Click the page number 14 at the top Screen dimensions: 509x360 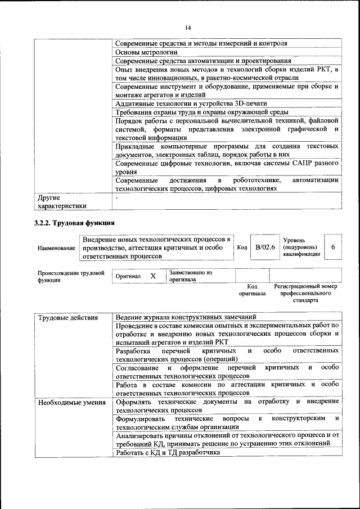click(x=187, y=28)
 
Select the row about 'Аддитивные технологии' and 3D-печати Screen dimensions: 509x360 click(x=191, y=103)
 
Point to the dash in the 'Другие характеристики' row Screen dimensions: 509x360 click(x=116, y=198)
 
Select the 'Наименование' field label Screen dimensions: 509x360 click(x=56, y=248)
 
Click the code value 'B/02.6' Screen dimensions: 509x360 click(x=265, y=247)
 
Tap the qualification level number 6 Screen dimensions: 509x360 click(x=333, y=247)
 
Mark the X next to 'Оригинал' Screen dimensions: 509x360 click(x=152, y=277)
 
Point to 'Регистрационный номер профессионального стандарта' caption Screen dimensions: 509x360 click(x=305, y=293)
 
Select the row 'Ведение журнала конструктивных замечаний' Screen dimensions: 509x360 click(x=186, y=317)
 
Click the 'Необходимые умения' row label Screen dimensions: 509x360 click(x=71, y=402)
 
